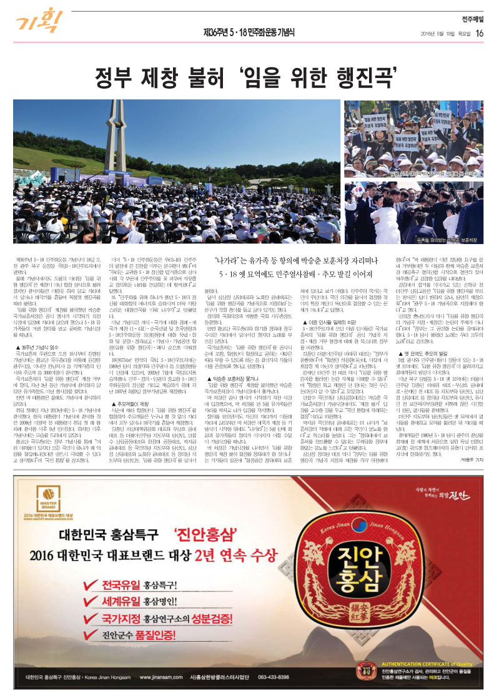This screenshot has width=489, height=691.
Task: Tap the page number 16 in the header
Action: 479,33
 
